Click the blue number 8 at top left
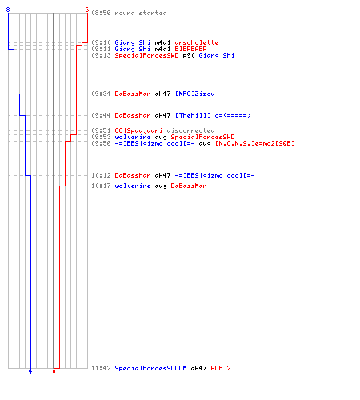point(8,10)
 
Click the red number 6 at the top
point(87,10)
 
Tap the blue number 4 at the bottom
point(30,371)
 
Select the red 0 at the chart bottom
point(54,371)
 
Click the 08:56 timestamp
point(101,13)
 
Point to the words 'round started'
point(141,13)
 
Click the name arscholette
point(197,42)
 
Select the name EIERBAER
point(190,49)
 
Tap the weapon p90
point(189,55)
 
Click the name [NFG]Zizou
point(194,94)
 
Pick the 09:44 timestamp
point(101,115)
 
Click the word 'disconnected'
point(190,130)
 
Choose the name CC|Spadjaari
point(138,130)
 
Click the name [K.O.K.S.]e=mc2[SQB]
point(255,143)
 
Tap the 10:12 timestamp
point(101,175)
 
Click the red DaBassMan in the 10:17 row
point(189,186)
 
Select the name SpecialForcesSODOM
point(150,368)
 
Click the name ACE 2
point(221,368)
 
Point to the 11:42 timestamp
point(101,368)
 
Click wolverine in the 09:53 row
point(133,137)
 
